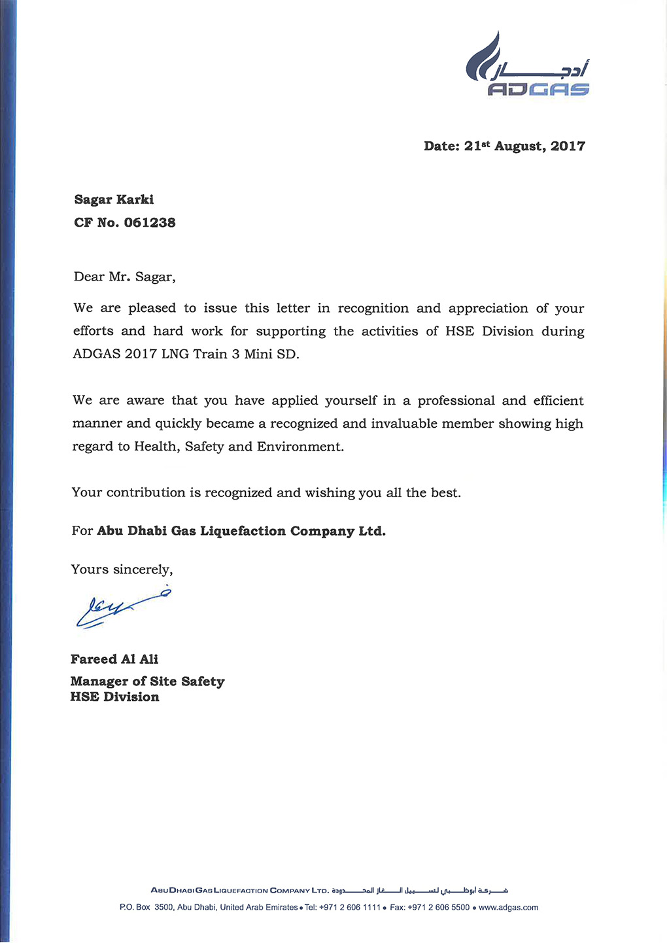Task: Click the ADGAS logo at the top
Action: (527, 66)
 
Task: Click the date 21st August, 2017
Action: (504, 146)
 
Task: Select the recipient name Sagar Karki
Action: (114, 199)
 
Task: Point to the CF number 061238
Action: (149, 222)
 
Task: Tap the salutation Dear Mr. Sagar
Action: (124, 277)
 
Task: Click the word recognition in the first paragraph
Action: (373, 308)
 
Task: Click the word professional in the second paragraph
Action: (456, 400)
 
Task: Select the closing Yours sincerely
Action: (122, 570)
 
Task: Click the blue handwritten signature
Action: (121, 608)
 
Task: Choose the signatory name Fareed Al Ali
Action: (114, 659)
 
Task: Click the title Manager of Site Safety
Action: (147, 681)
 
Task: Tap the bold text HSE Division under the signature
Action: (114, 697)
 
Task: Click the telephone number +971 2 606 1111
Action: (350, 908)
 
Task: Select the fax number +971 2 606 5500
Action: (438, 908)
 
